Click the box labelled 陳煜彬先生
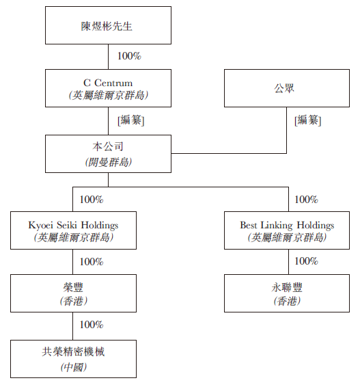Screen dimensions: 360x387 click(108, 25)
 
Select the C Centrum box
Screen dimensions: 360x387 click(108, 88)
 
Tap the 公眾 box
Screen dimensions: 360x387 click(287, 88)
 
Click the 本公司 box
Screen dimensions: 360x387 click(108, 154)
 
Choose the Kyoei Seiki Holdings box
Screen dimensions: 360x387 click(73, 230)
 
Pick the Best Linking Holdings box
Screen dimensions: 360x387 click(287, 230)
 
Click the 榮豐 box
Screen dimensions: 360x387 click(73, 293)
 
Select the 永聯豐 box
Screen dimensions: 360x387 click(287, 293)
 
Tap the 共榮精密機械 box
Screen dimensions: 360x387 click(73, 359)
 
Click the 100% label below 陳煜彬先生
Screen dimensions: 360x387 click(129, 56)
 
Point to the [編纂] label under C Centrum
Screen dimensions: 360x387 click(131, 120)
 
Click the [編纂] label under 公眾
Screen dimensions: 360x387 click(307, 120)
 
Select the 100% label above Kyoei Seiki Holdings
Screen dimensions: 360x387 click(92, 200)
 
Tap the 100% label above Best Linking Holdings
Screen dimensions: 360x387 click(306, 200)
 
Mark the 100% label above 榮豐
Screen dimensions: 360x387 click(92, 262)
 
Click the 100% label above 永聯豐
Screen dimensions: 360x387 click(306, 261)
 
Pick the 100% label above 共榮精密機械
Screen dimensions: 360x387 click(92, 325)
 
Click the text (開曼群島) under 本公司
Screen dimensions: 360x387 click(109, 162)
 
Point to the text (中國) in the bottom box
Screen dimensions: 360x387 click(74, 367)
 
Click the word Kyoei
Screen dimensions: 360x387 click(41, 226)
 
